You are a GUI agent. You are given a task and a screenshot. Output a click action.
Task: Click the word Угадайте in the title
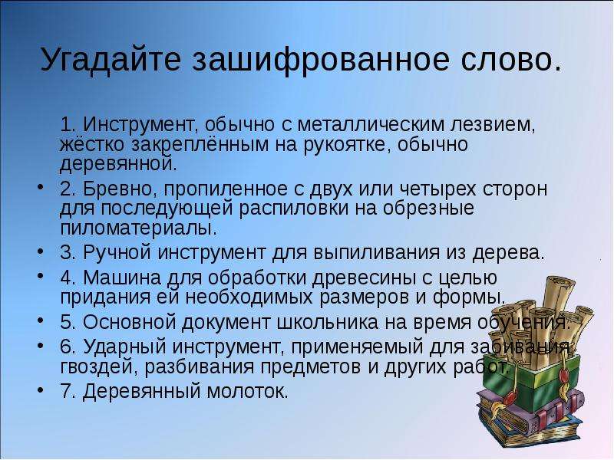(111, 59)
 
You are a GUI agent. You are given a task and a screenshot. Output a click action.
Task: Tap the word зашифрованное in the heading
(320, 60)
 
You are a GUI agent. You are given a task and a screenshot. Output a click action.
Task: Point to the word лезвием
(493, 125)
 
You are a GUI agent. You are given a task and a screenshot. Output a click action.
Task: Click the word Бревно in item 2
(120, 189)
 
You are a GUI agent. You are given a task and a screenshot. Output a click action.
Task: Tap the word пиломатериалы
(138, 228)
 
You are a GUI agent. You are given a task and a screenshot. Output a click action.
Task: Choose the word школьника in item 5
(328, 322)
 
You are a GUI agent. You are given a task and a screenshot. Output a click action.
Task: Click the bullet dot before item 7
(41, 390)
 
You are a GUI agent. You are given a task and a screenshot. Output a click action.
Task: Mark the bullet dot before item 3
(41, 251)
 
